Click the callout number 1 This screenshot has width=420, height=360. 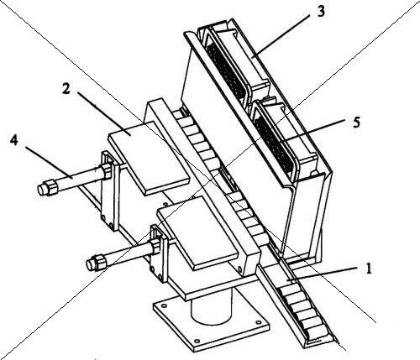tap(369, 269)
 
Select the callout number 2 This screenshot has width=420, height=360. tap(66, 88)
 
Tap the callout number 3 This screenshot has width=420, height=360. tap(321, 12)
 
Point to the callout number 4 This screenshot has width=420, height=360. tap(13, 140)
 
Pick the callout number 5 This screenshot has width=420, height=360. tap(356, 123)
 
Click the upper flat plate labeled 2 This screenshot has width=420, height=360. tap(149, 158)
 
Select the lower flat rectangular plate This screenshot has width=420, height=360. tap(197, 232)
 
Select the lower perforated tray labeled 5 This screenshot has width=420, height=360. tap(276, 143)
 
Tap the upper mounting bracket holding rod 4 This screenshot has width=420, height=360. tap(109, 191)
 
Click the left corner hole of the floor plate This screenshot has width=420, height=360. tap(164, 305)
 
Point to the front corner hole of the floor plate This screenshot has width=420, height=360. tap(197, 341)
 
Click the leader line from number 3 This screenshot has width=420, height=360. tap(282, 35)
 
